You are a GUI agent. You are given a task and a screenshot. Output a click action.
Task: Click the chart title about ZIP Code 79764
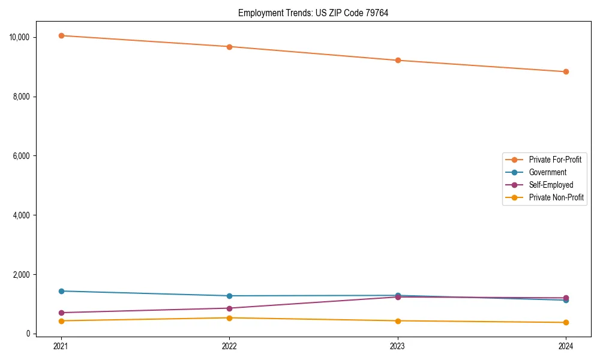click(313, 13)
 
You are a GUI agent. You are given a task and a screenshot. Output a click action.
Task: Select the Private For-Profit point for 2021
click(61, 35)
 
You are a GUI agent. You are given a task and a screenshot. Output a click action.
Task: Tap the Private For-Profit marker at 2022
click(229, 47)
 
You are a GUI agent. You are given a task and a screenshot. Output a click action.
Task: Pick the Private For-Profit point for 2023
click(398, 61)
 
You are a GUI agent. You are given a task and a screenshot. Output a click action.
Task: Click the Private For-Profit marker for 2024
click(566, 72)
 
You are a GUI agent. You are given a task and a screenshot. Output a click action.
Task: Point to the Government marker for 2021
click(61, 291)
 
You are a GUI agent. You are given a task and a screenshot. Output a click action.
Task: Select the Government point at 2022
click(229, 296)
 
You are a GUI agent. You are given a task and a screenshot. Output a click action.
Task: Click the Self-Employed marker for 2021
click(61, 313)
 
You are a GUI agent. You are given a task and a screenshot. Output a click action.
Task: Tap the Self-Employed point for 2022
click(229, 308)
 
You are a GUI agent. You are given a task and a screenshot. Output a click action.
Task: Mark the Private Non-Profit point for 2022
click(229, 318)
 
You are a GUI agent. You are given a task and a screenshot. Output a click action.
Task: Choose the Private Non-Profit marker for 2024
click(566, 323)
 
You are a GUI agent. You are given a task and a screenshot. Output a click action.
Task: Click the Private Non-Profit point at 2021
click(61, 321)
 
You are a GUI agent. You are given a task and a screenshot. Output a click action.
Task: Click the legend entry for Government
click(547, 172)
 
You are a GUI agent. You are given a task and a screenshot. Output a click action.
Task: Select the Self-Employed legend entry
click(551, 185)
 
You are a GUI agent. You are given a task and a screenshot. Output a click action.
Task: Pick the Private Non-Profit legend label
click(556, 197)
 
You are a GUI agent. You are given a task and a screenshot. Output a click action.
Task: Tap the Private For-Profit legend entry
click(555, 160)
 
